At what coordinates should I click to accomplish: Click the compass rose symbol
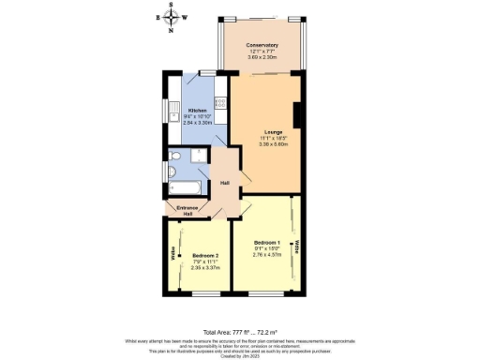pyautogui.click(x=171, y=17)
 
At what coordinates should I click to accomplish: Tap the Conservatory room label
pyautogui.click(x=263, y=45)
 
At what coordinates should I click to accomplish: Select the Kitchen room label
pyautogui.click(x=197, y=110)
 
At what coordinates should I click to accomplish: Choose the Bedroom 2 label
pyautogui.click(x=205, y=254)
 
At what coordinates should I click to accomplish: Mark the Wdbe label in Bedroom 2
pyautogui.click(x=173, y=253)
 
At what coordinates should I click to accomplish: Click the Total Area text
pyautogui.click(x=239, y=306)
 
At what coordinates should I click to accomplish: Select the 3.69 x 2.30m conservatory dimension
pyautogui.click(x=263, y=58)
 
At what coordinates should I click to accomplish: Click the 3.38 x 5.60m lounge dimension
pyautogui.click(x=274, y=145)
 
